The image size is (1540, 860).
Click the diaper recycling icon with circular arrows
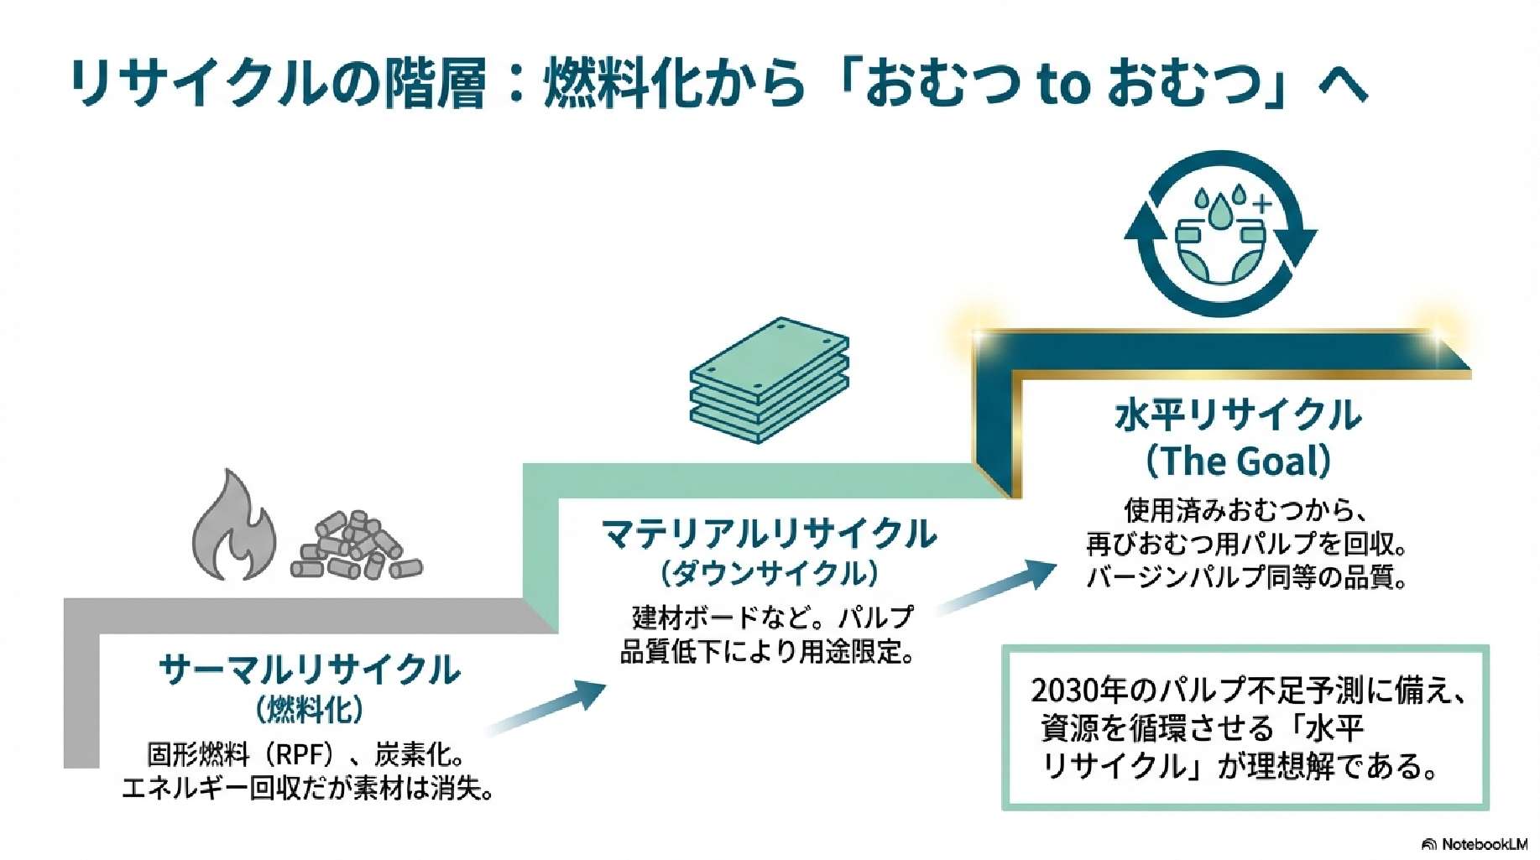(1220, 234)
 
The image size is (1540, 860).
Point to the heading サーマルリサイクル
(310, 670)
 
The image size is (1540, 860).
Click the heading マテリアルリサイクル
(769, 534)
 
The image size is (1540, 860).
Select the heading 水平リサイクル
(1238, 414)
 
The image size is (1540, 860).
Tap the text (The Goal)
(1238, 461)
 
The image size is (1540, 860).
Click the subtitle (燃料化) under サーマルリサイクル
(310, 710)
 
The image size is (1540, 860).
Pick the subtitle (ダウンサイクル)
(769, 574)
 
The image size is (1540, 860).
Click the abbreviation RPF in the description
(300, 755)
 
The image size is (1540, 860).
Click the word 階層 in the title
(435, 84)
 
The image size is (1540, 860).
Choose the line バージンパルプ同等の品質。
(1246, 577)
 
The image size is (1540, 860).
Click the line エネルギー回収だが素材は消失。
(308, 789)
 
